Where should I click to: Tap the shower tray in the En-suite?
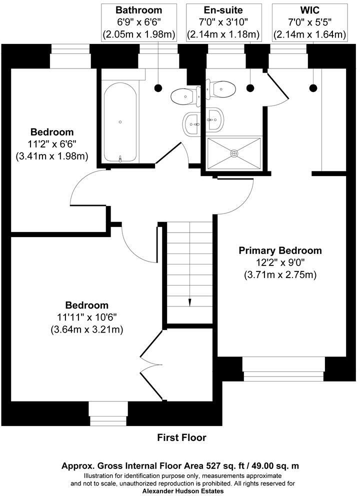click(234, 152)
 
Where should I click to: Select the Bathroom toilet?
click(183, 95)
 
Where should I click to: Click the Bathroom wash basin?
click(192, 123)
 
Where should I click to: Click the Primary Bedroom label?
click(280, 250)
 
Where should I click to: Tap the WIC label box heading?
click(309, 10)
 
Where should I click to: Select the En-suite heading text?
click(223, 10)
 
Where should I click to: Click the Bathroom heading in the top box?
click(138, 10)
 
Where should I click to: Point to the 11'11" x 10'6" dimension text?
click(87, 317)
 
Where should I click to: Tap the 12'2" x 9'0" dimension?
click(280, 262)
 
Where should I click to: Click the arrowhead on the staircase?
click(190, 301)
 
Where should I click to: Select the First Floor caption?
click(181, 437)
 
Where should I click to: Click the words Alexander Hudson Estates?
click(181, 491)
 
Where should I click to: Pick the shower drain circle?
click(234, 152)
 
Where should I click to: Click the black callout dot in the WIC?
click(313, 88)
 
